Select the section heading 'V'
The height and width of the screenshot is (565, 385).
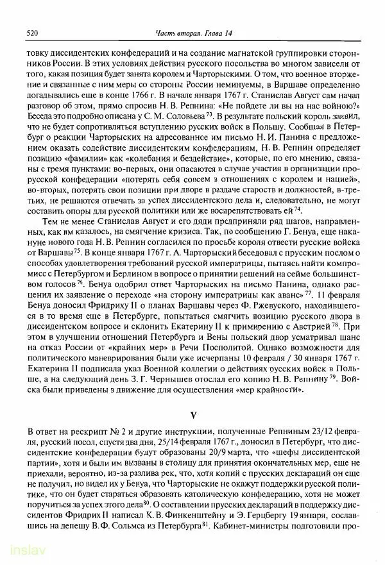coord(193,406)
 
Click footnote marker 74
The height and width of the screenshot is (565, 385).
coord(298,192)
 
